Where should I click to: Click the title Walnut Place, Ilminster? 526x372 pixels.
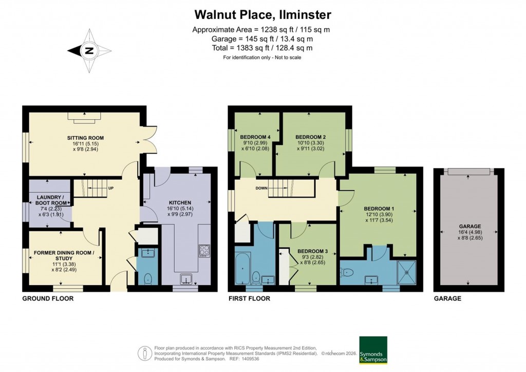pyautogui.click(x=262, y=14)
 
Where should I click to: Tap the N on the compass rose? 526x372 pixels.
pyautogui.click(x=89, y=50)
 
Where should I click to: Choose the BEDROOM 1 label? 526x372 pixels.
pyautogui.click(x=379, y=209)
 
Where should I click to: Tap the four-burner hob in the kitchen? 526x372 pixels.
pyautogui.click(x=204, y=250)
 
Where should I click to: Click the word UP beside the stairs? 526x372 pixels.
pyautogui.click(x=110, y=188)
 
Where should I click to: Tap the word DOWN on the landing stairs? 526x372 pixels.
pyautogui.click(x=262, y=188)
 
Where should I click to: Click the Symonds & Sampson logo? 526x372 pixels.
pyautogui.click(x=372, y=350)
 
